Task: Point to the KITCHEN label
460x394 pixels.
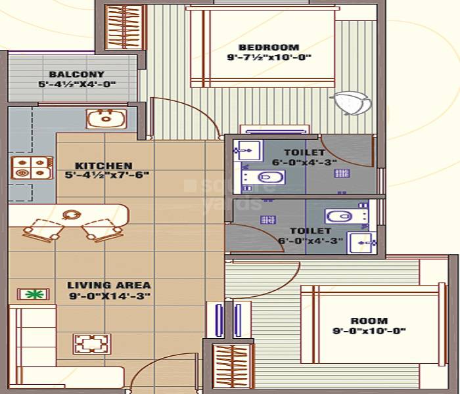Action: pos(103,165)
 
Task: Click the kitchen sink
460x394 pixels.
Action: pos(102,118)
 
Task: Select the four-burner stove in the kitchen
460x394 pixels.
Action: pos(32,167)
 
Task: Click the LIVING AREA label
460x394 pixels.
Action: pos(109,286)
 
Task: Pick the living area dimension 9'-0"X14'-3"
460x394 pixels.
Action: pos(109,296)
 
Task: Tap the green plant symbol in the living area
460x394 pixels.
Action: pos(30,294)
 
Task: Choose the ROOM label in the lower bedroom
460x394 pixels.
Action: pos(369,321)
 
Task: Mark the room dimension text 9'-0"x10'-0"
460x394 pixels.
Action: pos(369,331)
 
